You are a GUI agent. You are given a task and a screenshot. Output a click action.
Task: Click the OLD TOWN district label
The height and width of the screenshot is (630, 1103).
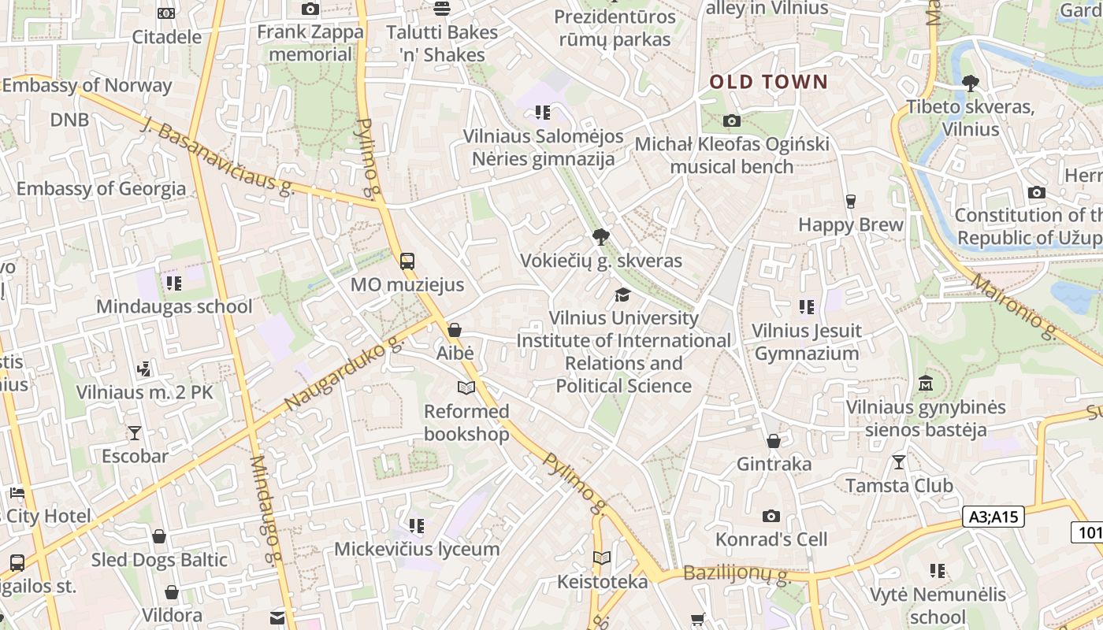pyautogui.click(x=769, y=82)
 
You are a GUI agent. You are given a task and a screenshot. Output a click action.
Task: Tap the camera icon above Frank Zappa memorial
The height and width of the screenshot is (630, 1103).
pyautogui.click(x=310, y=9)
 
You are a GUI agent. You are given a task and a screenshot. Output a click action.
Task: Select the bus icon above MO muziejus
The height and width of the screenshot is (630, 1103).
pyautogui.click(x=407, y=261)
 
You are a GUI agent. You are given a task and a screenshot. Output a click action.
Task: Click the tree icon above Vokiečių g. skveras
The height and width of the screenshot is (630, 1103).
pyautogui.click(x=601, y=236)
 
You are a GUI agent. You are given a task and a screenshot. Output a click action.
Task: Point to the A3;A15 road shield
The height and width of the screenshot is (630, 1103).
pyautogui.click(x=993, y=517)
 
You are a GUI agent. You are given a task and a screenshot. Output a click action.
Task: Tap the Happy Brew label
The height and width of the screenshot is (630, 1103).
pyautogui.click(x=851, y=224)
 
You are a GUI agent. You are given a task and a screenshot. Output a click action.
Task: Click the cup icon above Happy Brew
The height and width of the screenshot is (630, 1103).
pyautogui.click(x=850, y=202)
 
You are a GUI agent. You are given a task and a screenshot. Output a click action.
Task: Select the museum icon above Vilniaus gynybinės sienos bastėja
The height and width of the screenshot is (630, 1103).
pyautogui.click(x=926, y=384)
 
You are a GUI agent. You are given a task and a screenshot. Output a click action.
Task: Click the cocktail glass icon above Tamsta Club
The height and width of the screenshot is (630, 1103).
pyautogui.click(x=899, y=462)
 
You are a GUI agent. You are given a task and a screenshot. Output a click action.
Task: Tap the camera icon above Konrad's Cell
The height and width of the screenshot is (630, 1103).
pyautogui.click(x=771, y=517)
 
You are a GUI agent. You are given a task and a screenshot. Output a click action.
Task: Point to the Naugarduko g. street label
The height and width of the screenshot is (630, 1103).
pyautogui.click(x=344, y=375)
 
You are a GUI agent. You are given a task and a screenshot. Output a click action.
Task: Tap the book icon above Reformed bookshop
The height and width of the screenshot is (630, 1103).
pyautogui.click(x=466, y=388)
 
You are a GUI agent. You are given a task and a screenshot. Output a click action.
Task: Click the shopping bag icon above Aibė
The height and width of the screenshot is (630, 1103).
pyautogui.click(x=455, y=330)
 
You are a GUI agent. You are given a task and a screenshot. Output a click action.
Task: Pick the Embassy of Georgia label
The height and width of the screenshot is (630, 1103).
pyautogui.click(x=101, y=189)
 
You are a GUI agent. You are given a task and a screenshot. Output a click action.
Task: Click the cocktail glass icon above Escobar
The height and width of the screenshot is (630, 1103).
pyautogui.click(x=135, y=433)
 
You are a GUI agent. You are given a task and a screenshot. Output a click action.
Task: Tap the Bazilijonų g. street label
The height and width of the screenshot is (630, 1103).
pyautogui.click(x=737, y=575)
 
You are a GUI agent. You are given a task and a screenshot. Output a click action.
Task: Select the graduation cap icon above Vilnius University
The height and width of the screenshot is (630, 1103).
pyautogui.click(x=623, y=295)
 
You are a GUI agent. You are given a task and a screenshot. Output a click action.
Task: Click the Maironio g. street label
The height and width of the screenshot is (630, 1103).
pyautogui.click(x=1014, y=306)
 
